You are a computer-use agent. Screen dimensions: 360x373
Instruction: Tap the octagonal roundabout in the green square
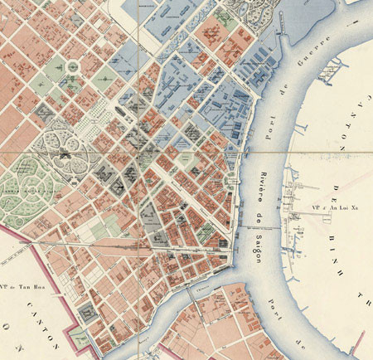(73, 66)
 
